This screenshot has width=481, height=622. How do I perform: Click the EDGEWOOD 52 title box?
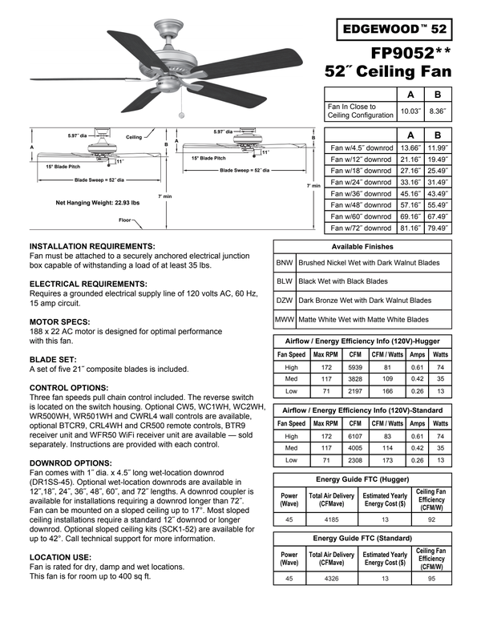pyautogui.click(x=394, y=29)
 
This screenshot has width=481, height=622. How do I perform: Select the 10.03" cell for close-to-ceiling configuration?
pyautogui.click(x=410, y=111)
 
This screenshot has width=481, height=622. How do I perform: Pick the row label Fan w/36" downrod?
pyautogui.click(x=362, y=193)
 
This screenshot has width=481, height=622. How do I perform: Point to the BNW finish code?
pyautogui.click(x=284, y=262)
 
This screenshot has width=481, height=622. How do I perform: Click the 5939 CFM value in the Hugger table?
pyautogui.click(x=357, y=367)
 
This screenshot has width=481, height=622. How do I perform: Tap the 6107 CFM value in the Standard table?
pyautogui.click(x=357, y=436)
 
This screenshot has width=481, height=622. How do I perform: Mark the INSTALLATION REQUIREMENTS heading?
pyautogui.click(x=92, y=245)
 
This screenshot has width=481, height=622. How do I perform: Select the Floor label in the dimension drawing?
pyautogui.click(x=125, y=219)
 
